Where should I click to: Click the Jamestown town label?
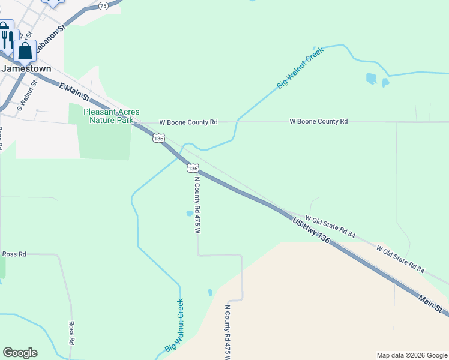tap(26, 68)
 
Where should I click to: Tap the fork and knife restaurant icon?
tap(7, 39)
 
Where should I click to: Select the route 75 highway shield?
tap(103, 5)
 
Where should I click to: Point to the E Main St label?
tap(74, 92)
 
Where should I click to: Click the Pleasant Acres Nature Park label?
tap(111, 116)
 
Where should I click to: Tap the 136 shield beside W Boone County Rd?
tap(158, 138)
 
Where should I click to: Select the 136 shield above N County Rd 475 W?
tap(192, 168)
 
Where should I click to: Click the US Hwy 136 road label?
tap(312, 230)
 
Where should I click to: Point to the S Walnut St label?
tap(28, 96)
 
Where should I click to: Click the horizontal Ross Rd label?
tap(14, 254)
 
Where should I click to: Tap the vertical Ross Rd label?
tap(71, 332)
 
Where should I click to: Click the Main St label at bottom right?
tap(431, 303)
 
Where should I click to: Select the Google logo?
tap(20, 353)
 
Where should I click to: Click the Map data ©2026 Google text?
tap(412, 355)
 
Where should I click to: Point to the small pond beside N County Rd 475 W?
tap(190, 213)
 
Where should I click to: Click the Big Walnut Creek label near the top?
tap(300, 68)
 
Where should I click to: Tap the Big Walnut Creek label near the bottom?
tap(175, 326)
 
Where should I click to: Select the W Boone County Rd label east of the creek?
tap(318, 122)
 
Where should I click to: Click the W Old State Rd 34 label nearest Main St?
tap(400, 259)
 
